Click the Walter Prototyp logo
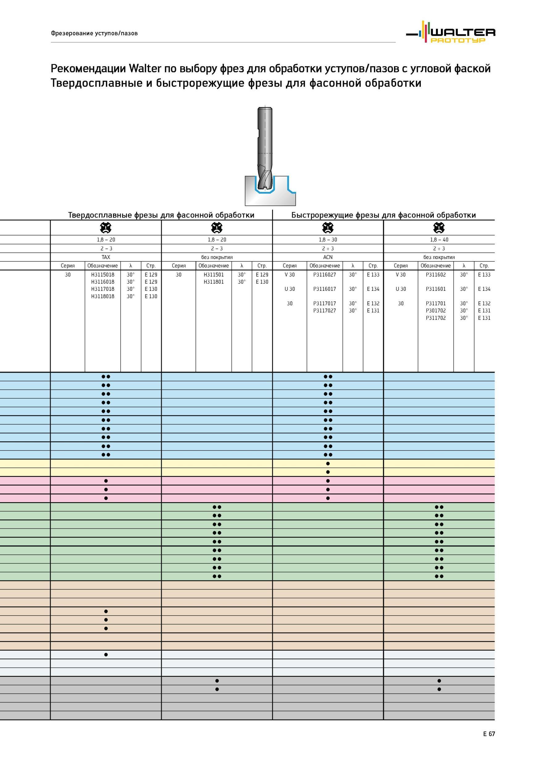tap(450, 32)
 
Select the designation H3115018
tap(103, 275)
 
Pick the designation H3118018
tap(103, 296)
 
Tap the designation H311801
tap(214, 282)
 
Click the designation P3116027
tap(325, 275)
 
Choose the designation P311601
tap(436, 289)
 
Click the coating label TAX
tap(106, 257)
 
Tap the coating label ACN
tap(328, 257)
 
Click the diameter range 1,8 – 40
tap(439, 240)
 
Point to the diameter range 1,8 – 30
tap(328, 240)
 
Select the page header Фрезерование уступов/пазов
tap(94, 33)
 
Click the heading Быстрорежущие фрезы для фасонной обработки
tap(383, 215)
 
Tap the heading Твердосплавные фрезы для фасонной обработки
tap(161, 215)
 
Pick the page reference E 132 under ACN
tap(373, 303)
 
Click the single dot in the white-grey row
tap(106, 654)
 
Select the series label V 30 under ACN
tap(290, 275)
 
